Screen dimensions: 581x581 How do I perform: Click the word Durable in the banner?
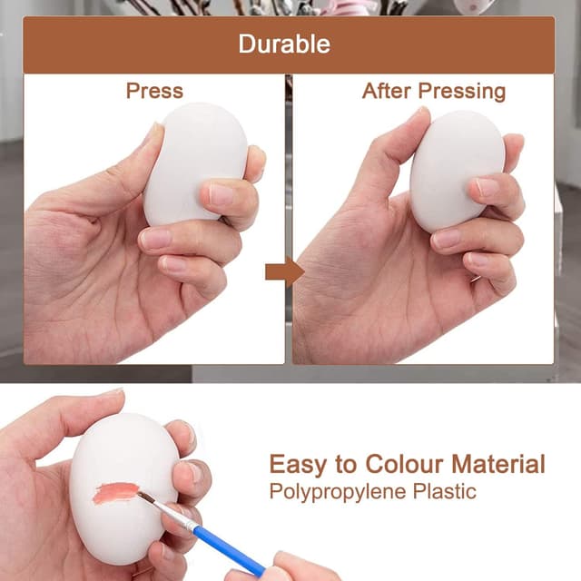(x=284, y=44)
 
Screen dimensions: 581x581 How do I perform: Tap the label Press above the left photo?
(x=154, y=91)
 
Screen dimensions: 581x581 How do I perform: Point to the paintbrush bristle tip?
(x=142, y=496)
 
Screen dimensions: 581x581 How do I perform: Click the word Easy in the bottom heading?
(x=299, y=465)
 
